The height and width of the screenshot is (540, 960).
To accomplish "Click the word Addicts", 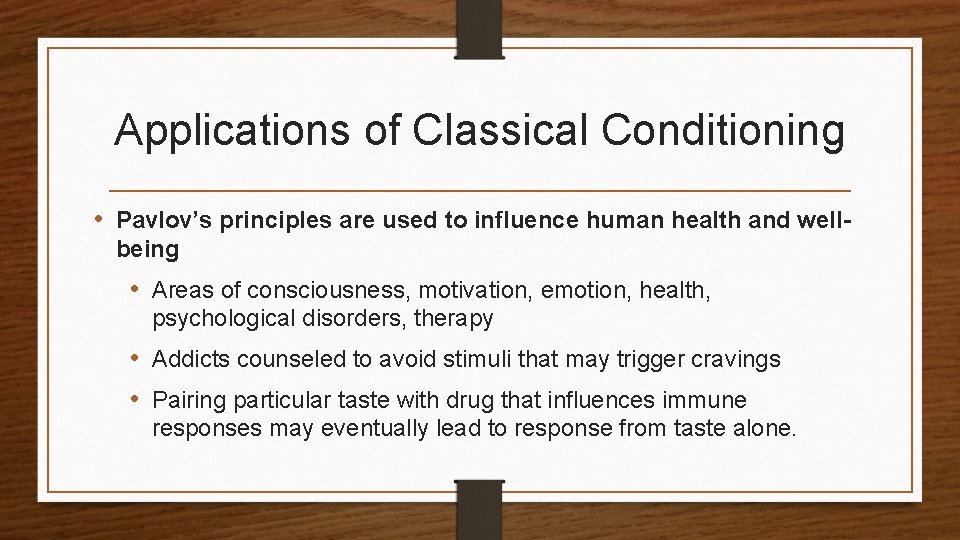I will (189, 359).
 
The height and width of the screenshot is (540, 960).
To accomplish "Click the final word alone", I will (769, 429).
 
